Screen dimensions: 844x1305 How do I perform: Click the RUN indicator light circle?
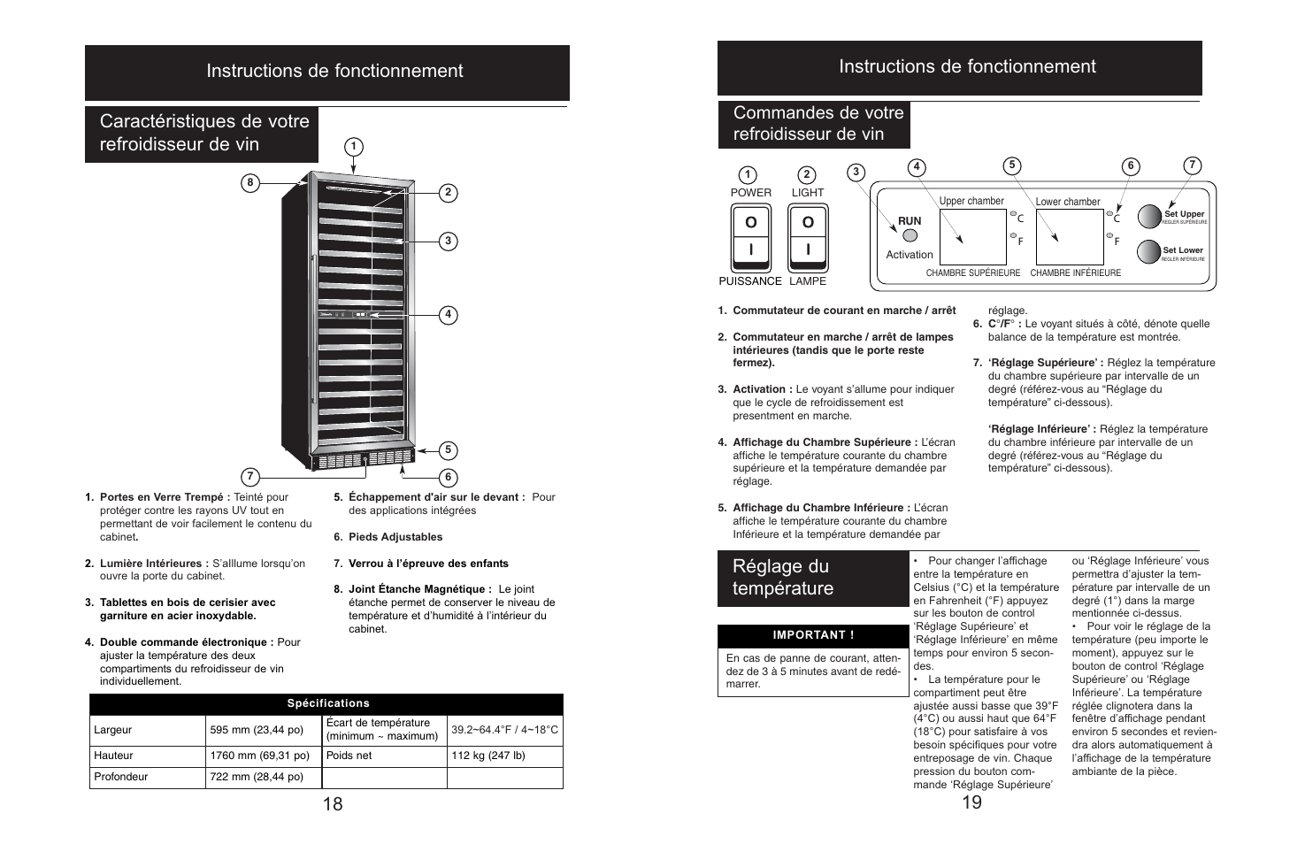[x=910, y=235]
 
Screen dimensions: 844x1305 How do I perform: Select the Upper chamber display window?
[x=971, y=236]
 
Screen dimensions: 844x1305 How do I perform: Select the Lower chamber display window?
[x=1069, y=236]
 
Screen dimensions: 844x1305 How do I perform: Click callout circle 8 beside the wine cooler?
[x=250, y=183]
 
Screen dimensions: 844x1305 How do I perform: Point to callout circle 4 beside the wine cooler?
[x=449, y=314]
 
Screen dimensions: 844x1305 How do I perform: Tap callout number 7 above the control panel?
[x=1192, y=165]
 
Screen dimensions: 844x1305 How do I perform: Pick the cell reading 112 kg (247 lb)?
[x=504, y=756]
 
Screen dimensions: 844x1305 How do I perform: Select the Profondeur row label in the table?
[x=121, y=777]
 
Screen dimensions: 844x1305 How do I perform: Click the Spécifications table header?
[x=327, y=703]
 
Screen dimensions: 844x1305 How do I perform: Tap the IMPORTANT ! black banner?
[x=813, y=635]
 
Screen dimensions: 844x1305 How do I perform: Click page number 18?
[x=333, y=803]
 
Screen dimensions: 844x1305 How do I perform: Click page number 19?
[x=971, y=802]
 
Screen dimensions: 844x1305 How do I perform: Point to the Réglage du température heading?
[x=782, y=578]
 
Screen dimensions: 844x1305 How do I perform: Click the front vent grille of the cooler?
[x=363, y=460]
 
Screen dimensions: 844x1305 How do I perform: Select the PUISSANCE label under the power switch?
[x=750, y=281]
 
